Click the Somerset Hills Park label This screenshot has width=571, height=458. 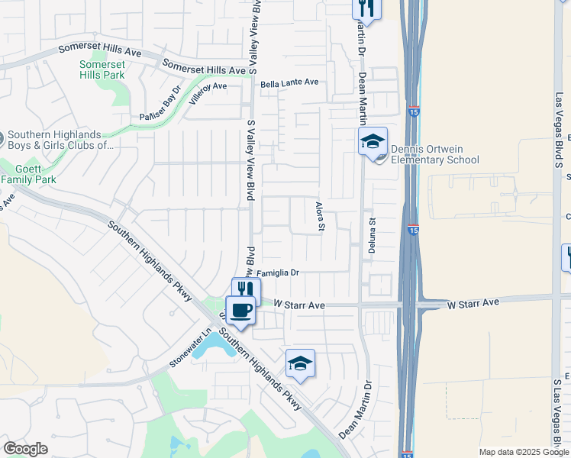pos(102,70)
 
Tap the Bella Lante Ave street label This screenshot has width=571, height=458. pos(289,82)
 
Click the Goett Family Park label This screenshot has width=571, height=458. pos(28,173)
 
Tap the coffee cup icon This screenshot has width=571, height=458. pos(240,310)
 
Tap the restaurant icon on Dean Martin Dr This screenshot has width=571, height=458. pos(366,8)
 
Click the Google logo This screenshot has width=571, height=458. pos(25,448)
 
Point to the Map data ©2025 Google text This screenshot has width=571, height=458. pos(524,452)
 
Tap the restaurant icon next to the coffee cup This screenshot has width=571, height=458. pos(246,289)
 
